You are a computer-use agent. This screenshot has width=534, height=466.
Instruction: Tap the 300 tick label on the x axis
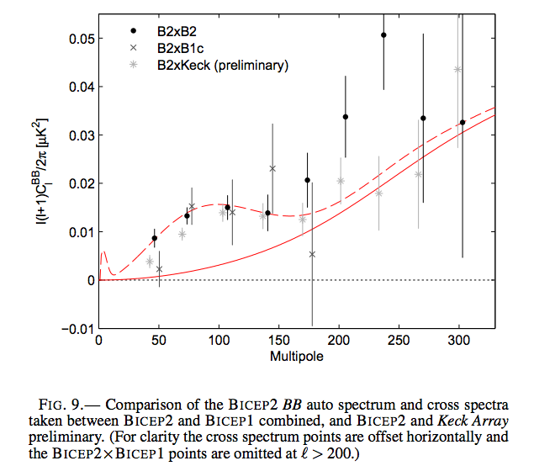click(458, 341)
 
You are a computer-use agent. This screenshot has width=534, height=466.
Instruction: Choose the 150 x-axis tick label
click(278, 341)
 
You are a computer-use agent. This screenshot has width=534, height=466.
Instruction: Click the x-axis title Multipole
click(296, 357)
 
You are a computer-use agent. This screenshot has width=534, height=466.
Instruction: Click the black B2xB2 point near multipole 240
click(383, 35)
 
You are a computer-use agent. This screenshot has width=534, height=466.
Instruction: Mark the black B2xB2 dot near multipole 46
click(154, 238)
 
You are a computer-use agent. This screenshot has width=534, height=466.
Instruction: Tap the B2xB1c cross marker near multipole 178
click(312, 254)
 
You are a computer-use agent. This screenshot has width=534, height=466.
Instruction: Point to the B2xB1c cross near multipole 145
click(272, 168)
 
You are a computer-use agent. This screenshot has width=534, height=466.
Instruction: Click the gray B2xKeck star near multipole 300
click(457, 70)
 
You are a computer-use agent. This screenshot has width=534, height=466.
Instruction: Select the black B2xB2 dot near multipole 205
click(345, 117)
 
